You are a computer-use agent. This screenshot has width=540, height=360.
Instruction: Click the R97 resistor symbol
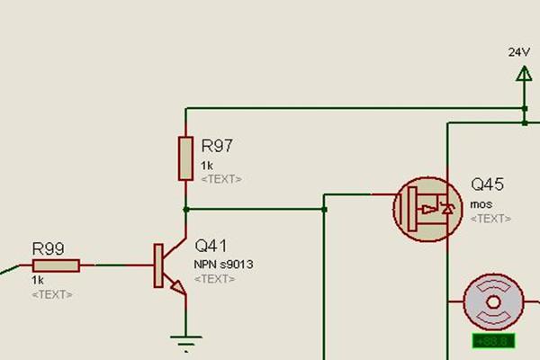(185, 158)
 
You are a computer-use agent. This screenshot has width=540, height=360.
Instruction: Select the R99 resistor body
(56, 265)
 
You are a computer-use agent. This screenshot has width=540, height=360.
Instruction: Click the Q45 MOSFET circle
(421, 209)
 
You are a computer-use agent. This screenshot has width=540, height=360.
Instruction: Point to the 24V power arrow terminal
(524, 76)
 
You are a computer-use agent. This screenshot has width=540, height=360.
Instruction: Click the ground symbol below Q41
(185, 341)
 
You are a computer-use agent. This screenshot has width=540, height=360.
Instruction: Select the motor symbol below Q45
(492, 303)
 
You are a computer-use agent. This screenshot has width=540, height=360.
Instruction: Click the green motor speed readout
(492, 341)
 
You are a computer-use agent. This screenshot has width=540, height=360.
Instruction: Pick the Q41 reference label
(211, 245)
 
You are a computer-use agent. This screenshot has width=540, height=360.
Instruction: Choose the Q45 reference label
(488, 185)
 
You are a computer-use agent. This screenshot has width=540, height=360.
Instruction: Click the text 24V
(518, 51)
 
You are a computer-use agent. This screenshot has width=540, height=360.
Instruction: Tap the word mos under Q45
(481, 204)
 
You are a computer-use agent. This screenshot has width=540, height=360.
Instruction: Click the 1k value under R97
(207, 166)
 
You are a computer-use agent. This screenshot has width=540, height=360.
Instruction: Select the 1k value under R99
(38, 281)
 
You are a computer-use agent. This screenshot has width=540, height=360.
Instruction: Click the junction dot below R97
(185, 209)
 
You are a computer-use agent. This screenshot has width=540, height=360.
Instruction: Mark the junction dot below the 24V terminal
(524, 110)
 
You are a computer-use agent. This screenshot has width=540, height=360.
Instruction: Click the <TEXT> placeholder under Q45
(490, 219)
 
